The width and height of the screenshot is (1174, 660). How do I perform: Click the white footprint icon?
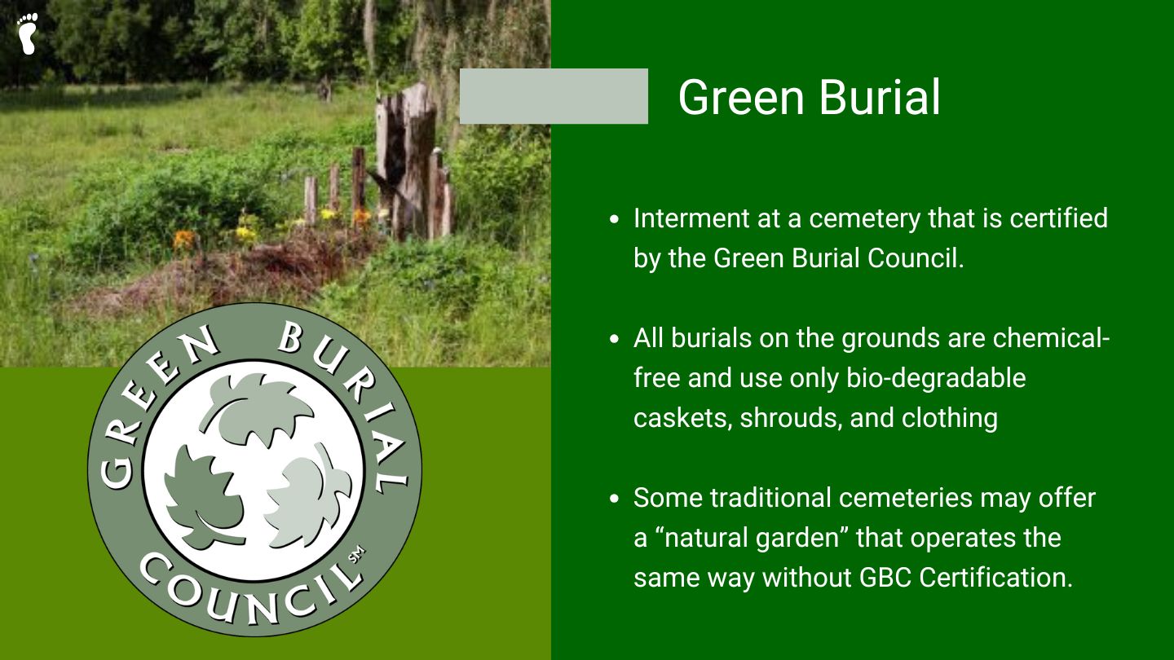click(27, 33)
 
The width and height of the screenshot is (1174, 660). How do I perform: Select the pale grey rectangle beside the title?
click(554, 96)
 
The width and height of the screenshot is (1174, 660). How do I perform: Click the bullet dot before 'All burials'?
click(614, 338)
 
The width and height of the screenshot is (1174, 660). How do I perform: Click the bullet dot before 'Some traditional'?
click(614, 498)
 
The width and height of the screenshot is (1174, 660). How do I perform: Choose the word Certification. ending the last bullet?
click(996, 578)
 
